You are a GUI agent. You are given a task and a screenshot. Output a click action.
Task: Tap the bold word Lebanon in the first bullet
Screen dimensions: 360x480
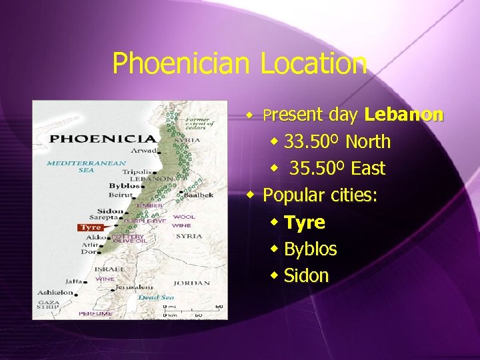pyautogui.click(x=404, y=115)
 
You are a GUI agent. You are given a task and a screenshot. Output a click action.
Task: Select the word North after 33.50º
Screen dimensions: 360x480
pyautogui.click(x=368, y=142)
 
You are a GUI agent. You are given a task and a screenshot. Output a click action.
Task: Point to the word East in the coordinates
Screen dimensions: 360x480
pyautogui.click(x=368, y=169)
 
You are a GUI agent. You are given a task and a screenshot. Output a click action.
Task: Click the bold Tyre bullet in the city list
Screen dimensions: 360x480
pyautogui.click(x=305, y=222)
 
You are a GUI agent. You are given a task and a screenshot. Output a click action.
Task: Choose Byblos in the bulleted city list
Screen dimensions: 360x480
pyautogui.click(x=311, y=249)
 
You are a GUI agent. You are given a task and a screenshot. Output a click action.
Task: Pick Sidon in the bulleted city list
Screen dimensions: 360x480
pyautogui.click(x=307, y=276)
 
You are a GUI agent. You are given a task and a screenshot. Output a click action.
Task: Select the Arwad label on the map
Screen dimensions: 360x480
pyautogui.click(x=145, y=151)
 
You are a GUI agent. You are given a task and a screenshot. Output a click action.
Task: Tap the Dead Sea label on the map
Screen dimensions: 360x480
pyautogui.click(x=156, y=297)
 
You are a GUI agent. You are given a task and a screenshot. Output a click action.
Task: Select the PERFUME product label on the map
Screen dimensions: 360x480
pyautogui.click(x=95, y=313)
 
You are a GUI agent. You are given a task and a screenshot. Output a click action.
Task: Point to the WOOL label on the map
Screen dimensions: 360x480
pyautogui.click(x=184, y=217)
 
